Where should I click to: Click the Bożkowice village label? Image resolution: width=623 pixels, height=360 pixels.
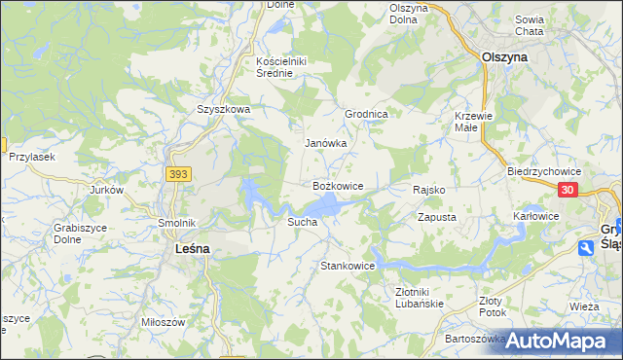[338, 185]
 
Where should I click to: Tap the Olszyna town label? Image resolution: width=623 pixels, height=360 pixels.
[505, 57]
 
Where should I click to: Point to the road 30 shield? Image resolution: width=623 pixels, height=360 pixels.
[569, 191]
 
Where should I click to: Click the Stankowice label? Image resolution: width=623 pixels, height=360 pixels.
[348, 266]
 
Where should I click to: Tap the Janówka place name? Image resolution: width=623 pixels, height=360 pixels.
[326, 143]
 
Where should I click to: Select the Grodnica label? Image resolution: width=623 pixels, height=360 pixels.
[367, 114]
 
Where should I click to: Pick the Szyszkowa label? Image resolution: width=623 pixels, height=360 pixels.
[224, 110]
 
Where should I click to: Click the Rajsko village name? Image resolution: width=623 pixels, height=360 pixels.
[429, 190]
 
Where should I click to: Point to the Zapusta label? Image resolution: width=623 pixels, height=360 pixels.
[437, 218]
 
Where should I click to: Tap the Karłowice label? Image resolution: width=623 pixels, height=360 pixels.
[536, 216]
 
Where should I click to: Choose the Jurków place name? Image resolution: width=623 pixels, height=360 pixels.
[107, 191]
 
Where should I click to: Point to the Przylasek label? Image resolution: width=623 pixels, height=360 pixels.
[32, 157]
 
